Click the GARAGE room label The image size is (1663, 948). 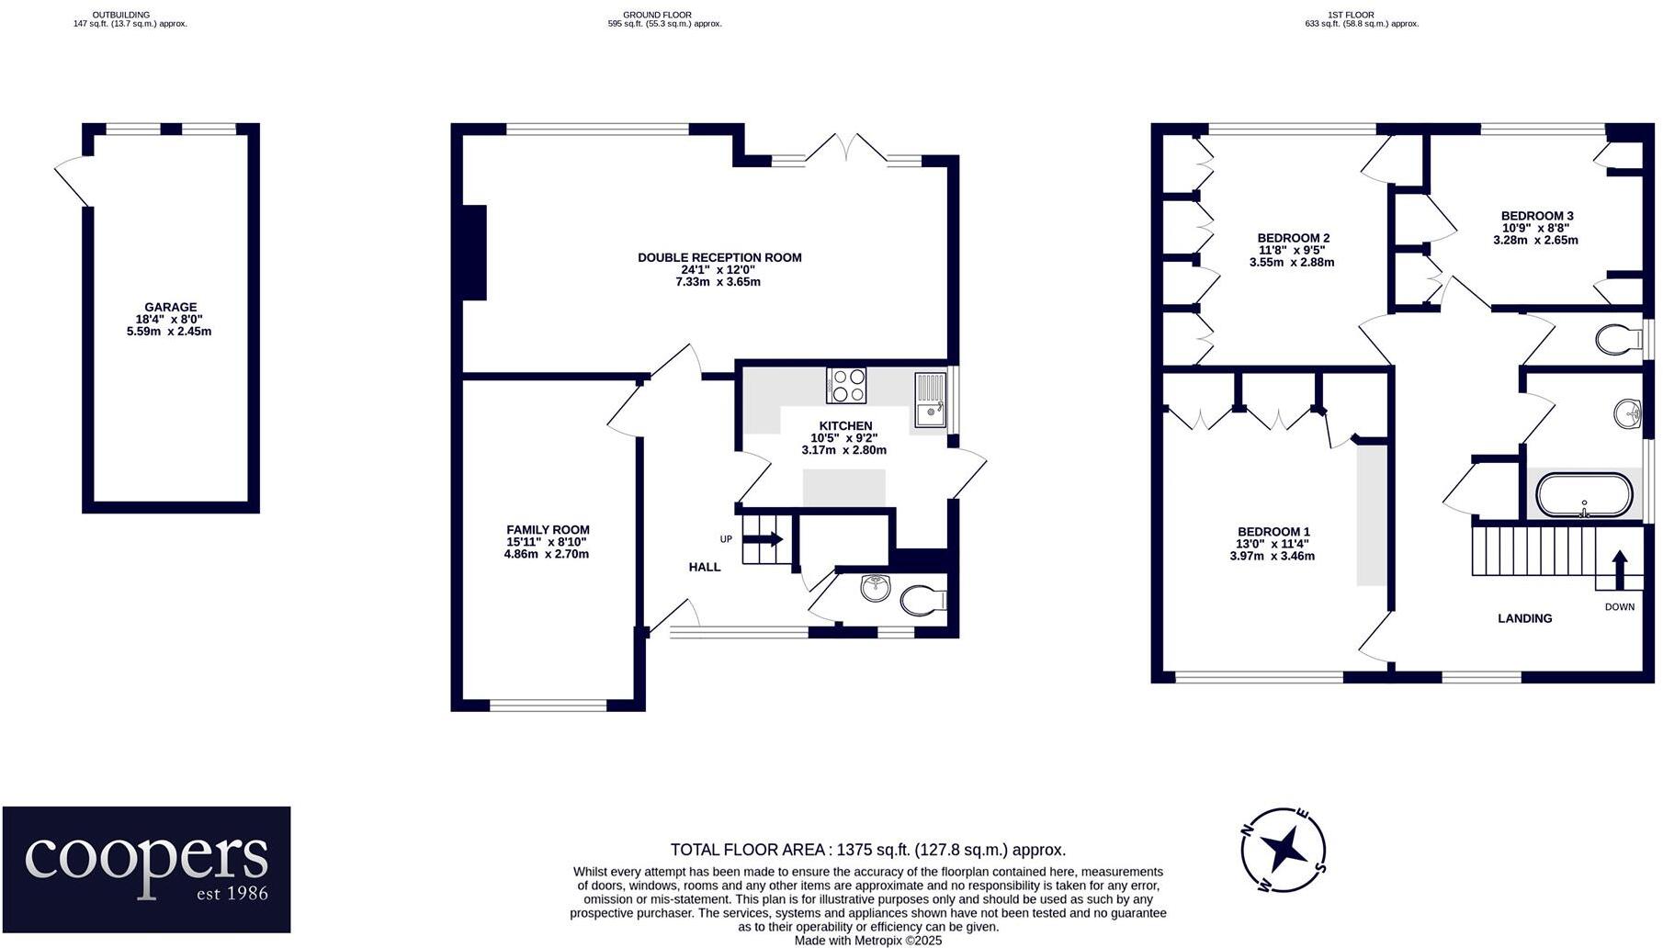click(170, 308)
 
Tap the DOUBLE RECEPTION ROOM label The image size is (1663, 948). click(719, 258)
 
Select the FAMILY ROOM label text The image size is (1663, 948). click(548, 530)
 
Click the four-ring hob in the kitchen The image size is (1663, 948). click(846, 385)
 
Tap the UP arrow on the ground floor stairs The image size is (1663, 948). click(768, 539)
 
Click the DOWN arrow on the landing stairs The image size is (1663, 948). click(1619, 565)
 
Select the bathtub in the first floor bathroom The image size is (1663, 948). click(1584, 496)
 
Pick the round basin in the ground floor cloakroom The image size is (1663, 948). click(876, 588)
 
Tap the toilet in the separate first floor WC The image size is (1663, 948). click(1617, 340)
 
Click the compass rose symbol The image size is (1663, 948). click(1283, 850)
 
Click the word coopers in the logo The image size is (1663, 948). click(147, 856)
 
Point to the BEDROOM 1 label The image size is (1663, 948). click(1273, 532)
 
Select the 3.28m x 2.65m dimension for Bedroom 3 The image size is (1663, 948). click(1535, 241)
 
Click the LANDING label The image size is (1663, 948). click(1524, 618)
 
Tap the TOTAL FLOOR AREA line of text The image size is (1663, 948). click(867, 850)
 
